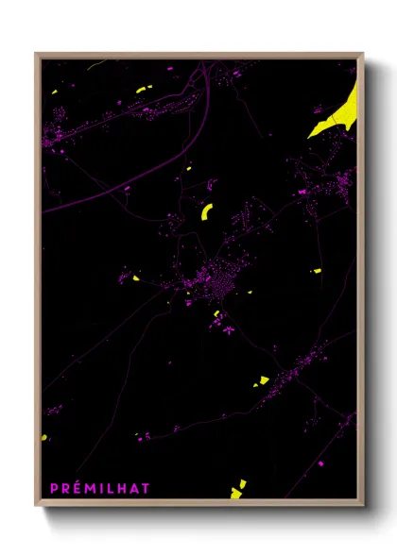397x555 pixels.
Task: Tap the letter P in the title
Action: (x=54, y=488)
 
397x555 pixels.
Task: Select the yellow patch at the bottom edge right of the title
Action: (x=236, y=491)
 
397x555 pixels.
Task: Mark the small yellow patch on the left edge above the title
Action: (x=44, y=437)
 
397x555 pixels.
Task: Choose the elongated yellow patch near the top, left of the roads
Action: (x=142, y=90)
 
